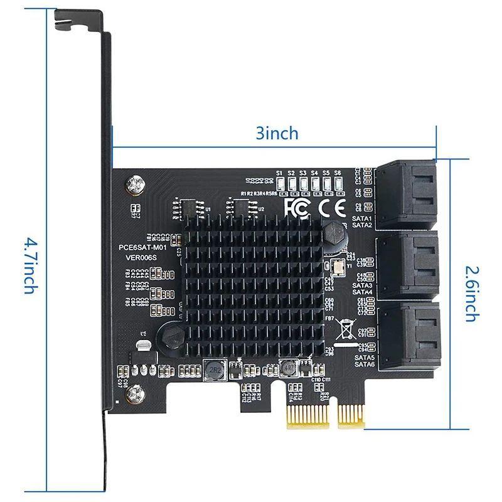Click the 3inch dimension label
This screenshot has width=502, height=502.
click(x=277, y=133)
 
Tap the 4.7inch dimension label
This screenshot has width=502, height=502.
click(x=31, y=266)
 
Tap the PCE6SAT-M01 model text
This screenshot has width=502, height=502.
click(x=142, y=248)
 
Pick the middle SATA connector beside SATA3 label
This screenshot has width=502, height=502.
click(x=407, y=264)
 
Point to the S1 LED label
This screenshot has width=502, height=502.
click(x=280, y=173)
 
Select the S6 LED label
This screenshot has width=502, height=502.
click(x=337, y=173)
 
